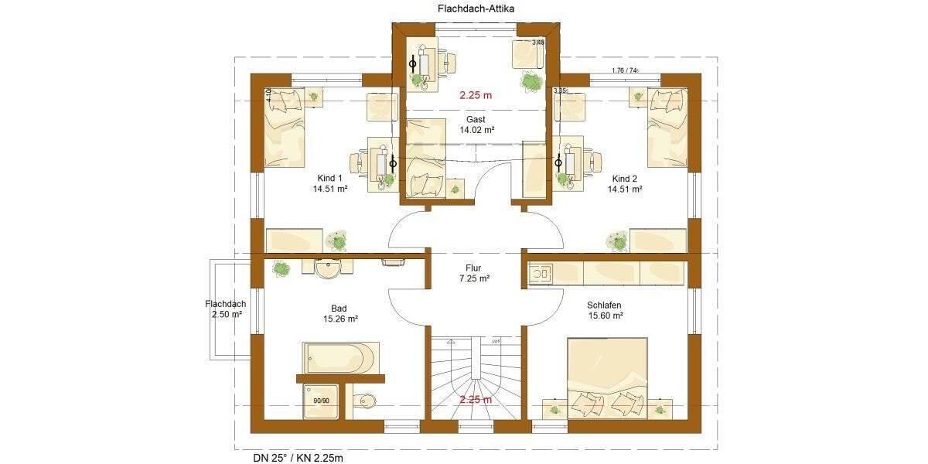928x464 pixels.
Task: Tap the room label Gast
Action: click(x=476, y=119)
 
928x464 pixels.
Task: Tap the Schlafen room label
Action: click(x=605, y=305)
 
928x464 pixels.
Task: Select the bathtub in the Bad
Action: click(x=339, y=358)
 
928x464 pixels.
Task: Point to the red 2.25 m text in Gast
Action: click(x=476, y=96)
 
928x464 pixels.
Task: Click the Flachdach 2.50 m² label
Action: click(x=225, y=309)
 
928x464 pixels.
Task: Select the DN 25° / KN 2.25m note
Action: click(x=298, y=457)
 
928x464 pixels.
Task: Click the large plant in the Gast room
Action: click(x=531, y=80)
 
